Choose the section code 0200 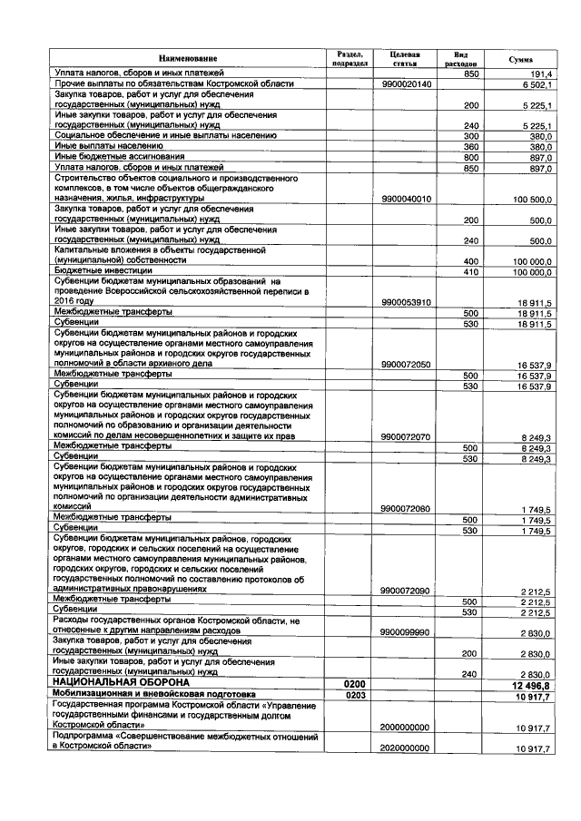(x=349, y=681)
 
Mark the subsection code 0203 (x=349, y=694)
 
